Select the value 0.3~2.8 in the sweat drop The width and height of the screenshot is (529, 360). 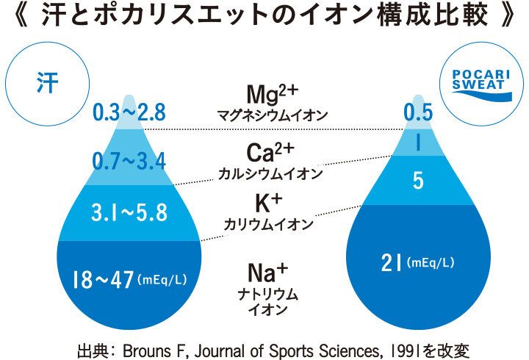tap(129, 112)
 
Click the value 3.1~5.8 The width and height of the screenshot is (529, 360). tap(129, 213)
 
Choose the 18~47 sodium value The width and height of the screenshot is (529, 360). tap(103, 280)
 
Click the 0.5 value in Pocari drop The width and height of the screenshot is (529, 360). tap(418, 112)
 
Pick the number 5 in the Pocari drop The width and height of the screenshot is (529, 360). tap(418, 181)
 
